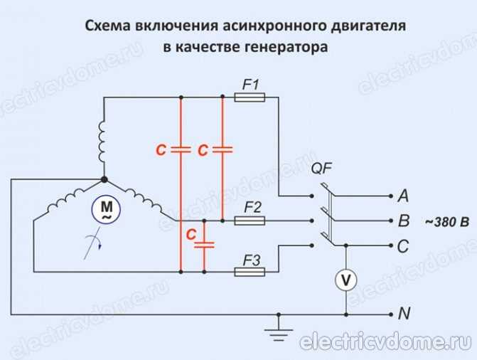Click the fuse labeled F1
click(x=250, y=97)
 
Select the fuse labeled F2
click(x=250, y=221)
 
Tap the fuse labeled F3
click(x=250, y=271)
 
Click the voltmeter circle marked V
click(x=346, y=280)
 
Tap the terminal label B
click(x=404, y=221)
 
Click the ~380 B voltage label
click(x=446, y=222)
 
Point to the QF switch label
click(x=321, y=169)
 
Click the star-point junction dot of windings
click(x=104, y=180)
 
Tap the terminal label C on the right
click(x=404, y=245)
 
